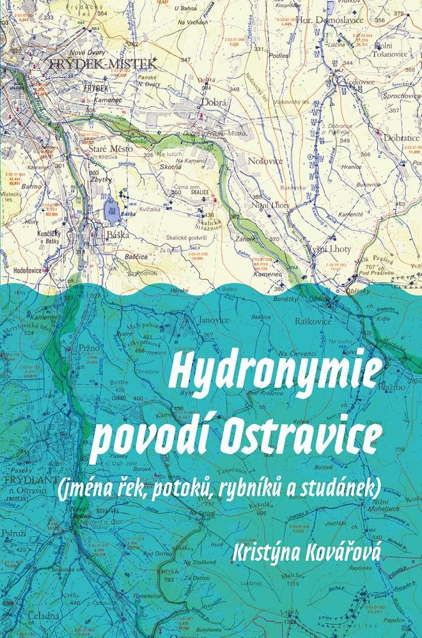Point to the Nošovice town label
tap(266, 161)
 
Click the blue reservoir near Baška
tap(112, 207)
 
